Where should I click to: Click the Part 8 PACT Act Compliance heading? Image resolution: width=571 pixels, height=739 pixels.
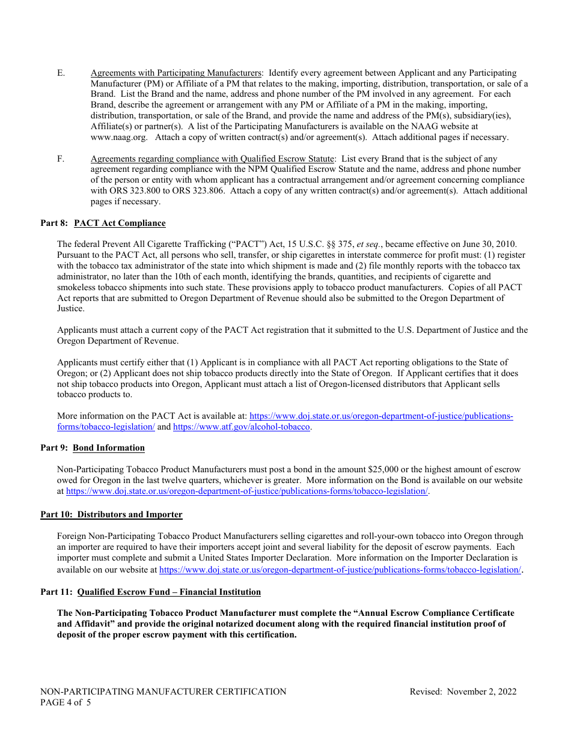point(103,223)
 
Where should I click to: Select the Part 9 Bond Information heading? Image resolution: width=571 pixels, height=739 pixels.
point(93,448)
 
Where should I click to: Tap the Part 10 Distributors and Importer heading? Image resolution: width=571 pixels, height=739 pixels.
point(111,514)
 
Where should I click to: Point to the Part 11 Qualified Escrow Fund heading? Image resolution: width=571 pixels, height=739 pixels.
point(150,592)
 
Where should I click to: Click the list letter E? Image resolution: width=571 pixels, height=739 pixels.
point(61,73)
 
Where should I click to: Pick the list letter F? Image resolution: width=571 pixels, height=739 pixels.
point(61,159)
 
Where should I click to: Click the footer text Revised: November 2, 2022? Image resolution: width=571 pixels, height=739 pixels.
point(463,692)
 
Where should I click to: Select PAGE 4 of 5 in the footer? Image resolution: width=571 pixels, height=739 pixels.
point(66,702)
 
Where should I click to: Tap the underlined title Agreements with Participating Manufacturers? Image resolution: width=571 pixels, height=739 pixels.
point(176,73)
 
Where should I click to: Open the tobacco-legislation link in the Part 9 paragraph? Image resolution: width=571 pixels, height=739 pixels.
point(247,491)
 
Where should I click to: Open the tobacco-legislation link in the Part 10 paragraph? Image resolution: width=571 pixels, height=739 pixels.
point(340,570)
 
